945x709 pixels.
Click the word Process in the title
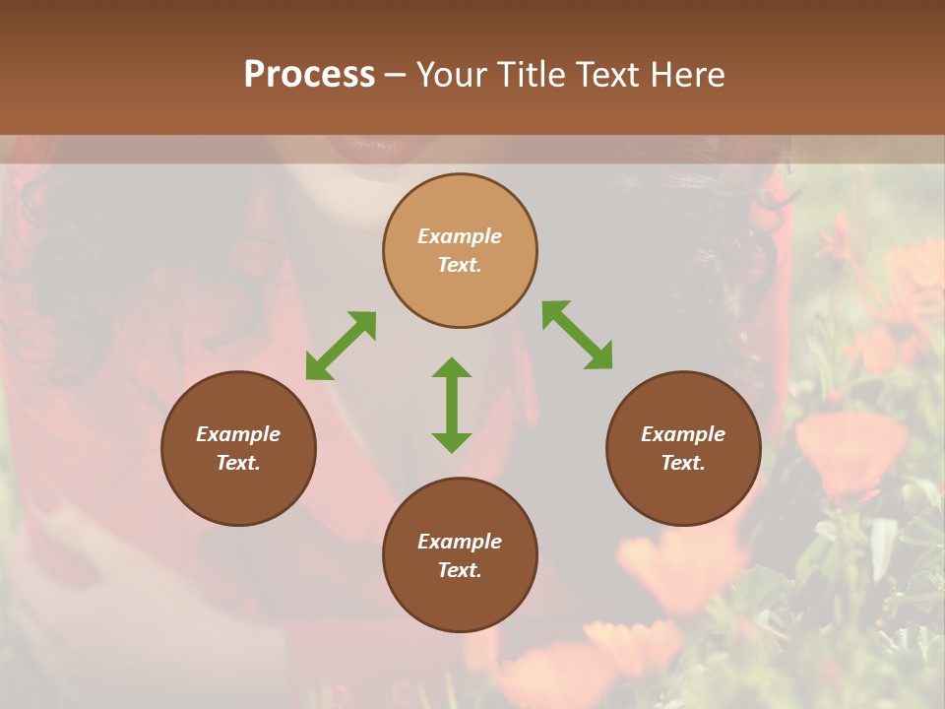[x=309, y=75]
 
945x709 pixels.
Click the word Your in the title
[x=454, y=75]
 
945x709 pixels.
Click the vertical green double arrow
[x=452, y=405]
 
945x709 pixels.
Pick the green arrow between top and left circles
[x=341, y=346]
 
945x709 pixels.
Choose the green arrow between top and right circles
[x=578, y=335]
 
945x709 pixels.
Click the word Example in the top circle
[x=460, y=236]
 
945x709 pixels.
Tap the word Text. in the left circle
[x=238, y=463]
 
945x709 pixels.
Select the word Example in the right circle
[x=683, y=434]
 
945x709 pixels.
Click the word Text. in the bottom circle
[x=460, y=570]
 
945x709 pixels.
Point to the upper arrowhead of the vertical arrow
[x=452, y=368]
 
